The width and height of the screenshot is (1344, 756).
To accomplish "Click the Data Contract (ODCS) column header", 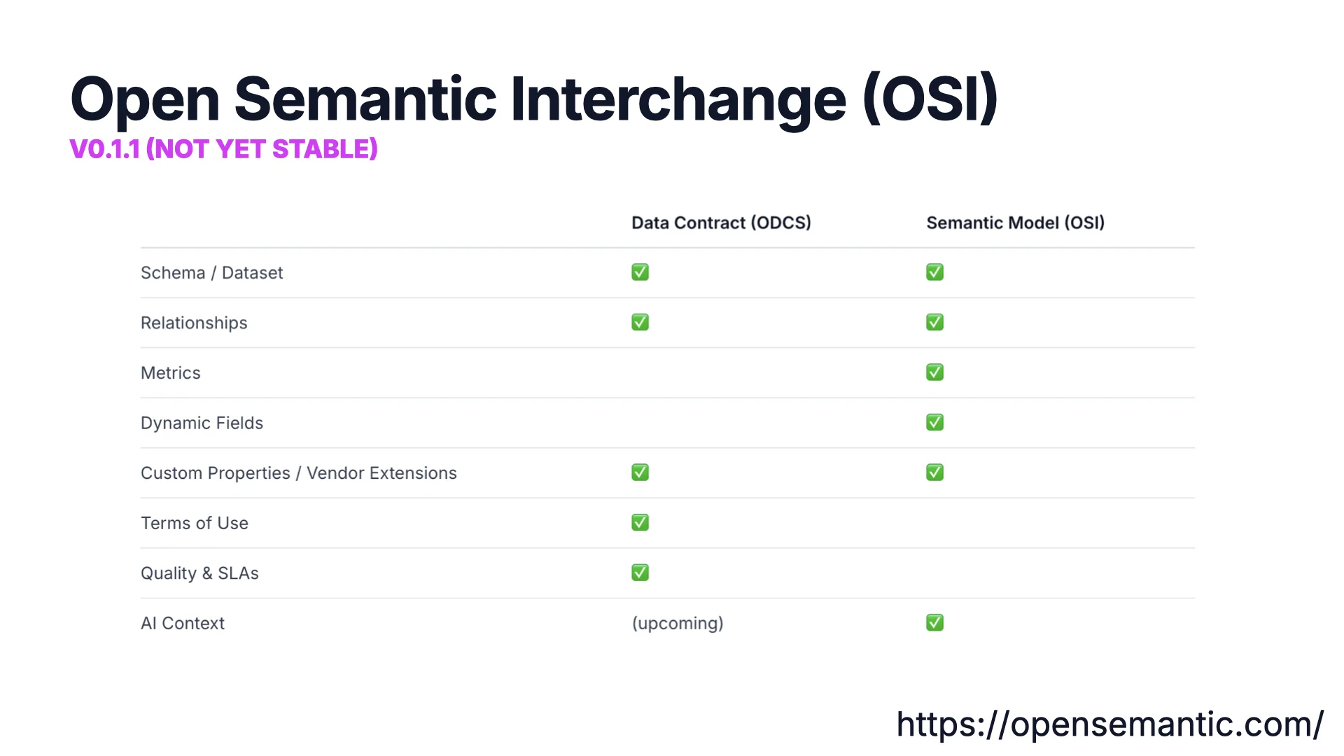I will [x=721, y=223].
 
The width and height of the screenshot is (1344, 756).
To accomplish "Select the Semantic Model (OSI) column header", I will [x=1015, y=223].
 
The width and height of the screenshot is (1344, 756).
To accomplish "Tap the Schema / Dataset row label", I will [x=211, y=273].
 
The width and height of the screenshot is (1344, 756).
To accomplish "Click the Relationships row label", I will [x=194, y=323].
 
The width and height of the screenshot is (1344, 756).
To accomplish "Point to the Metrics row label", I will [x=170, y=373].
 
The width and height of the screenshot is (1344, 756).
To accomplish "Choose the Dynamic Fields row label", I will [x=202, y=423].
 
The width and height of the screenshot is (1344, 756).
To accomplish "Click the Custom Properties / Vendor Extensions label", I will [x=298, y=473].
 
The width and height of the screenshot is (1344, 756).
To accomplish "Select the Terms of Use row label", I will [x=194, y=523].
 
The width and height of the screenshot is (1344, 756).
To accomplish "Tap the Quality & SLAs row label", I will [x=199, y=573].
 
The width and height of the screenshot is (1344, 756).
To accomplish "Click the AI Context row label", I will [x=182, y=623].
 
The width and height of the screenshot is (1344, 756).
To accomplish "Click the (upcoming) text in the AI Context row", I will [x=677, y=623].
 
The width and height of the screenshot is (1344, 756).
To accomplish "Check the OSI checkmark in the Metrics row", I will [x=934, y=372].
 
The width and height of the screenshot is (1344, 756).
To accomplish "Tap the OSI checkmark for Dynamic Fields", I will [x=934, y=422].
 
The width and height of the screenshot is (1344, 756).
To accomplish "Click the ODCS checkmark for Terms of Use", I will [x=640, y=522].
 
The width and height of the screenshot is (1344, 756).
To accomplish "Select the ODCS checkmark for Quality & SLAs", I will [x=640, y=573].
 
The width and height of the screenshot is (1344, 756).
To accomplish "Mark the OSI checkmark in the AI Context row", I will [x=934, y=622].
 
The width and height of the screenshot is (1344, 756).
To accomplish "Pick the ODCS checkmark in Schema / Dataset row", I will [x=640, y=272].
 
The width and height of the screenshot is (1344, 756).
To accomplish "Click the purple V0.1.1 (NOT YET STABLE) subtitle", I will [x=223, y=149].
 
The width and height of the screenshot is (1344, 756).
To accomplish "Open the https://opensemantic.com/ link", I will [x=1109, y=724].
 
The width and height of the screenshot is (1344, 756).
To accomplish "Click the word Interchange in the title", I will [x=678, y=99].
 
